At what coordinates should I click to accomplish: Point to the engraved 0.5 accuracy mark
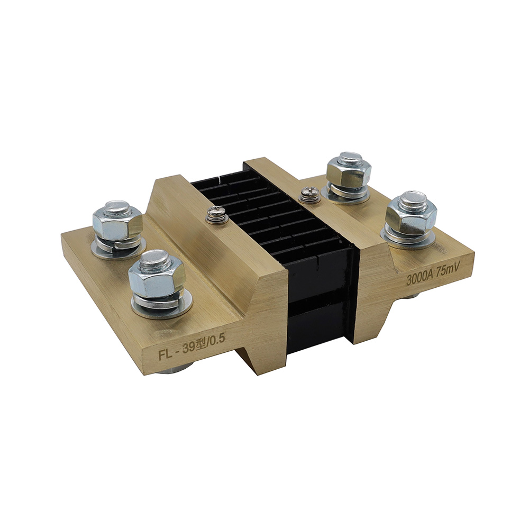click(x=218, y=339)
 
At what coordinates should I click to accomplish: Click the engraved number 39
click(x=189, y=348)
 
